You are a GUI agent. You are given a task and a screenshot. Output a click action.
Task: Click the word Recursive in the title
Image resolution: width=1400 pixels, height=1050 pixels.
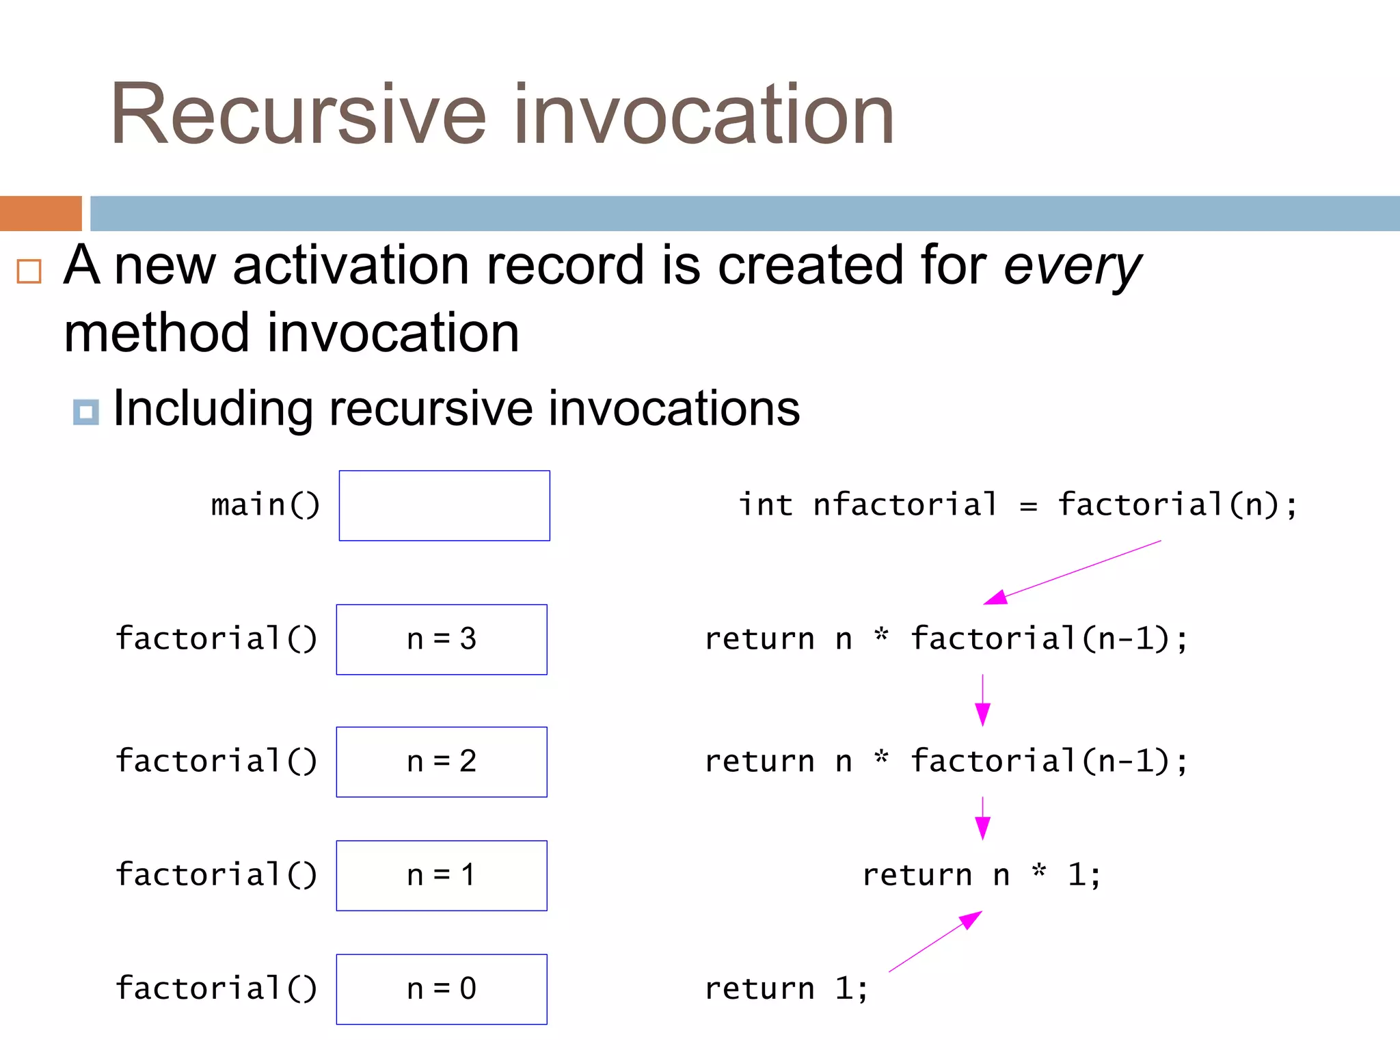[x=298, y=115]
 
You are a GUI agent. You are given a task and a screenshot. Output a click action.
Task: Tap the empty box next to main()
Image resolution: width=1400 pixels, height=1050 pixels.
[x=444, y=506]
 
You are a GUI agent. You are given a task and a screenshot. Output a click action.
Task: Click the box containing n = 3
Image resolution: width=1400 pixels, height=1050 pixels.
[x=442, y=640]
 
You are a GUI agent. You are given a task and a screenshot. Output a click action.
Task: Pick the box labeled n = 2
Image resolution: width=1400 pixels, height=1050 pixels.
[x=442, y=762]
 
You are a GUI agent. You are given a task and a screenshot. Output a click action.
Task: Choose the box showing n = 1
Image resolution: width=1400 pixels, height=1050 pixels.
[x=442, y=876]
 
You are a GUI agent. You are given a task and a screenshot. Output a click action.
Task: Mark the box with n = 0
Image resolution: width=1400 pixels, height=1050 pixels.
[x=442, y=989]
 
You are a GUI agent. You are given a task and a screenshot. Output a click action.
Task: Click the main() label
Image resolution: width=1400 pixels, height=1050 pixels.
[x=265, y=506]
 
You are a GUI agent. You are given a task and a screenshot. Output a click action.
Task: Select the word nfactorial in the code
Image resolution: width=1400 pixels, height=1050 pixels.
[x=905, y=506]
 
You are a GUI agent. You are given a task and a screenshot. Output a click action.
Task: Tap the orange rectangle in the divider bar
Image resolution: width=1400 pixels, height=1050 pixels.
[x=41, y=213]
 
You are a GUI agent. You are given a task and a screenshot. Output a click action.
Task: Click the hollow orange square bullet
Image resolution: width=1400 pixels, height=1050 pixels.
[x=29, y=271]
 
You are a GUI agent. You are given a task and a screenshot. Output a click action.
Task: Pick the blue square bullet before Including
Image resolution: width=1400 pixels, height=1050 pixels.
[x=86, y=412]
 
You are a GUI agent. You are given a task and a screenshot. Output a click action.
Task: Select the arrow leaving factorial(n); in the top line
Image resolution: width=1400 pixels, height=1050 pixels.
[x=1073, y=572]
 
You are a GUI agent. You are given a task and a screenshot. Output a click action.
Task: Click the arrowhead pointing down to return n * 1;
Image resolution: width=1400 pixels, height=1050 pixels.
[x=982, y=829]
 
